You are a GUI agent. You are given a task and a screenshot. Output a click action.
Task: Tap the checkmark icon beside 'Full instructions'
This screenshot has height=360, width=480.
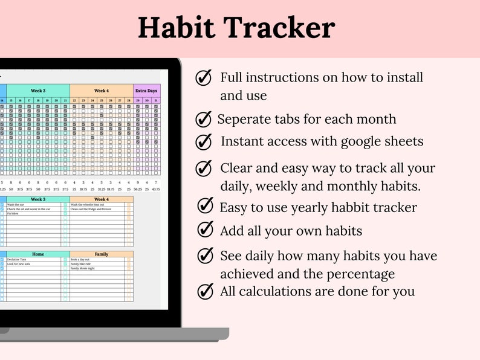204,78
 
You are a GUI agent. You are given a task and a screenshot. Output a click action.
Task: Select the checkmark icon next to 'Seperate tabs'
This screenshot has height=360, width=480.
204,120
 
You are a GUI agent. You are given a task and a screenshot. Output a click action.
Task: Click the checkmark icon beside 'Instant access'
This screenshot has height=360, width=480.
204,141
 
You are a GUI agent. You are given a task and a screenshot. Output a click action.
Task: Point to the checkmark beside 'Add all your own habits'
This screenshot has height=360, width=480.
206,230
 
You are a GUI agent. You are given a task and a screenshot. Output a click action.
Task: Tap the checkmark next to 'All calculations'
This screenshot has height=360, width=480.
206,291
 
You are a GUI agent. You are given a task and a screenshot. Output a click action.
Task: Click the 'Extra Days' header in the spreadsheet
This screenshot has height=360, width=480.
147,91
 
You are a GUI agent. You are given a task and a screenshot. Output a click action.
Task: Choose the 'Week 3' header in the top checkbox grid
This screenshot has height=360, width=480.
38,91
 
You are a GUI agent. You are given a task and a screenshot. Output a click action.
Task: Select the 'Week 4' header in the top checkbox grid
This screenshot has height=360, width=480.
102,91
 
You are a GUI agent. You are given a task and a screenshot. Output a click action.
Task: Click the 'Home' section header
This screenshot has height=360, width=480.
38,254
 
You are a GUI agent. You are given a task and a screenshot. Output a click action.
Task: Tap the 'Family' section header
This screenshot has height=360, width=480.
102,254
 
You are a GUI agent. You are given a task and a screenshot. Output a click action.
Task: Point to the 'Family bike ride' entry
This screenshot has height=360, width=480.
81,264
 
